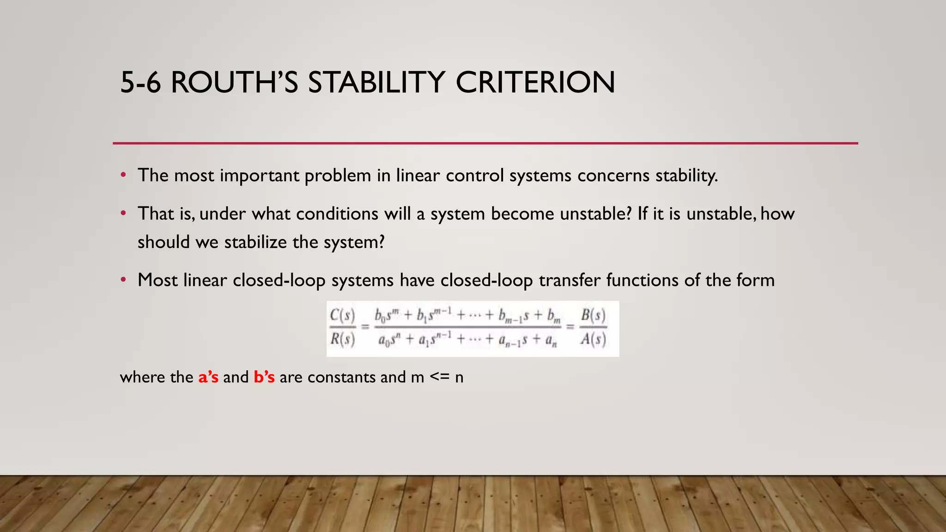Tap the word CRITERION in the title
(x=535, y=83)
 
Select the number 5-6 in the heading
(x=140, y=83)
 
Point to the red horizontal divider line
(x=485, y=143)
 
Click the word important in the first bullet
(x=259, y=175)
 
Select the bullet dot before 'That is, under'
(x=123, y=213)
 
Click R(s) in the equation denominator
(x=342, y=339)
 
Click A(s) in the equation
(x=593, y=339)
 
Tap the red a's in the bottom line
(x=208, y=377)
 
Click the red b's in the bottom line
(x=264, y=377)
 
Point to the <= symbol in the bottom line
(x=439, y=377)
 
